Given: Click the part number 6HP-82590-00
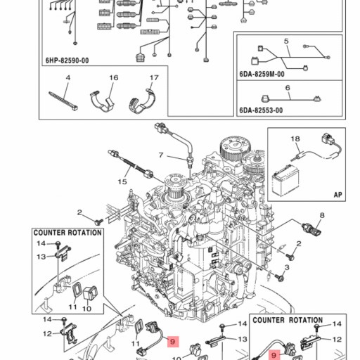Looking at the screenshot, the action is (67, 60).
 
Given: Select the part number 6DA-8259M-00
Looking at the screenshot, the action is (262, 74).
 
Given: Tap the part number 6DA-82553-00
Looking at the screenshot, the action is (261, 110).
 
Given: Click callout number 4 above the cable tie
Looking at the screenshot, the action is (68, 77).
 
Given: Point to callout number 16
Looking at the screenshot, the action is (114, 77).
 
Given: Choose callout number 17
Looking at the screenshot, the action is (154, 77).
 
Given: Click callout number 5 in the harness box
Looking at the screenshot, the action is (286, 41).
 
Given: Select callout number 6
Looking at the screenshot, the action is (288, 88).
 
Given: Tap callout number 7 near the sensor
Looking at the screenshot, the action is (161, 155).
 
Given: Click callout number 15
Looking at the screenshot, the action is (122, 181).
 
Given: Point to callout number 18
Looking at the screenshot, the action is (295, 139).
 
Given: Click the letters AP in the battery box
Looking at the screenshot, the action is (337, 195).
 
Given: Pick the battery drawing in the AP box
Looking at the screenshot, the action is (285, 180).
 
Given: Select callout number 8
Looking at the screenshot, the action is (322, 215).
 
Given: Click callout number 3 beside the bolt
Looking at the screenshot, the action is (287, 267).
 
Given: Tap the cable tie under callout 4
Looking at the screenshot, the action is (63, 101).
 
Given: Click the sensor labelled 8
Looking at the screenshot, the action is (311, 229).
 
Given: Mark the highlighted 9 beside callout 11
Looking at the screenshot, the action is (173, 342).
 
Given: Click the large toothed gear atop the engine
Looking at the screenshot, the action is (235, 148).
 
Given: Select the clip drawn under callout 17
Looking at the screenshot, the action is (142, 102).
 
